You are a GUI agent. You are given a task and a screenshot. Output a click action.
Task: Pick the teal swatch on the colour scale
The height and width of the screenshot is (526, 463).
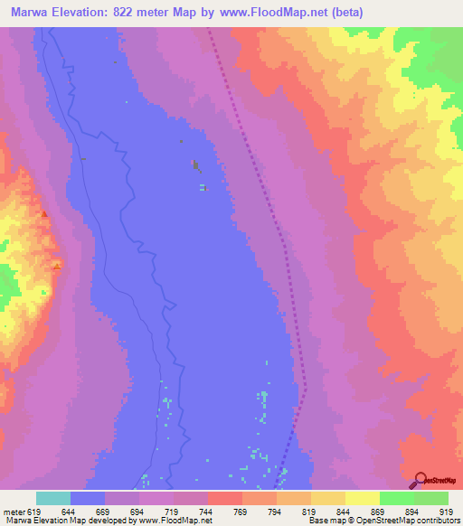pos(53,498)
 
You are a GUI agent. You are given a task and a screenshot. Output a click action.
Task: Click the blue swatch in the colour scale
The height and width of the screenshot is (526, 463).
pos(88,498)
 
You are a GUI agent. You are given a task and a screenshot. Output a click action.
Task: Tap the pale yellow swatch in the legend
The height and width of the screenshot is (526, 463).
pos(363,498)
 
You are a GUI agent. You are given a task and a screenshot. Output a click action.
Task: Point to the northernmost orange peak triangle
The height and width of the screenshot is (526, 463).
pos(45,214)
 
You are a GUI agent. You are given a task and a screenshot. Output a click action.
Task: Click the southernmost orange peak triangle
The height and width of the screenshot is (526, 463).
pos(57,265)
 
